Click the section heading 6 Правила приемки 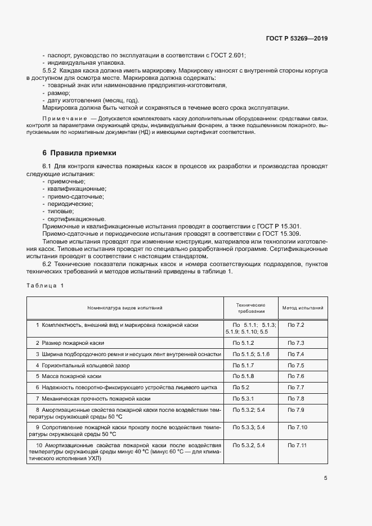(79, 152)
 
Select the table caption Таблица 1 (46, 286)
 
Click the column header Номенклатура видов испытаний (124, 308)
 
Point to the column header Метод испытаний (303, 308)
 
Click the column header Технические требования (250, 308)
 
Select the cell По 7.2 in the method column (295, 325)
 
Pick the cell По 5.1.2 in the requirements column (243, 343)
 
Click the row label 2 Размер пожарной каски (70, 343)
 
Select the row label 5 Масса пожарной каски (68, 376)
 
